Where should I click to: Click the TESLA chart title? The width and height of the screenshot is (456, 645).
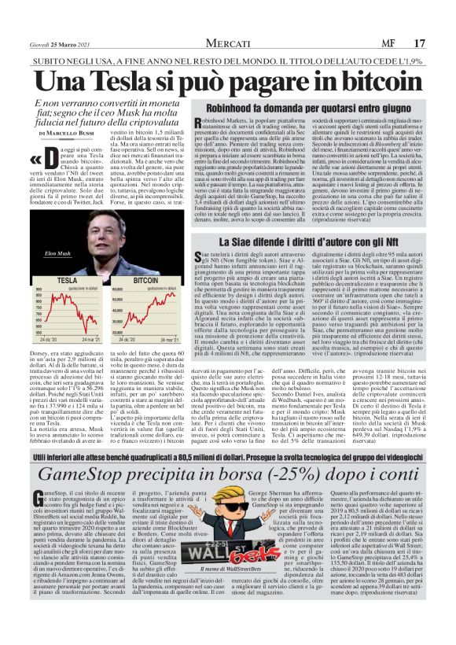67,279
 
